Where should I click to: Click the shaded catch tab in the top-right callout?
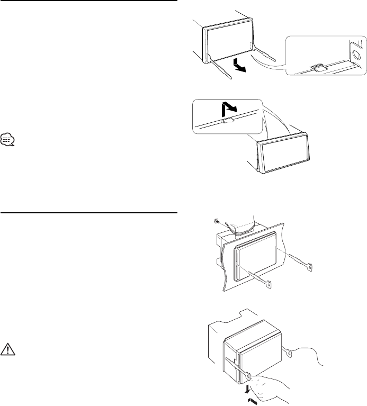pyautogui.click(x=319, y=67)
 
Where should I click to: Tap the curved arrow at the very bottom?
pyautogui.click(x=254, y=401)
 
